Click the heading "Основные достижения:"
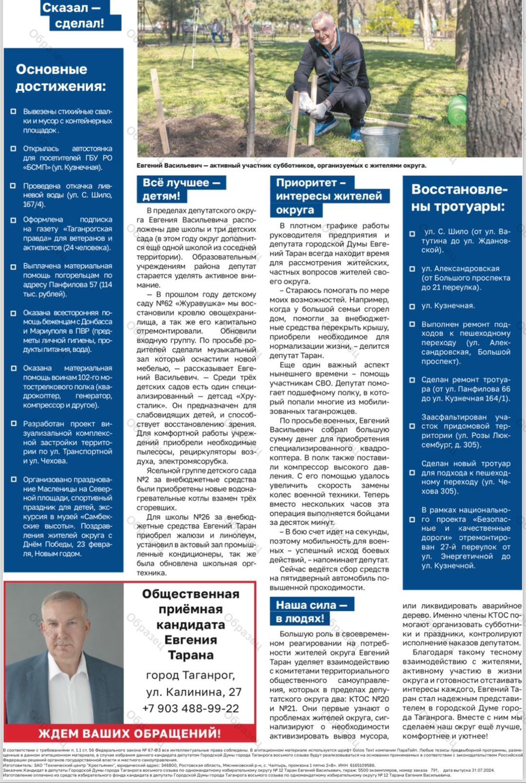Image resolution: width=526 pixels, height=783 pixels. coord(61,78)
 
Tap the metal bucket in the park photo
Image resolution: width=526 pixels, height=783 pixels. coord(379,142)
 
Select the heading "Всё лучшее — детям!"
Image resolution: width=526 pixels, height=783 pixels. coord(181,189)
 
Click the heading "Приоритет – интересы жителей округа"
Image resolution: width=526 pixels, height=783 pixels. coord(329,196)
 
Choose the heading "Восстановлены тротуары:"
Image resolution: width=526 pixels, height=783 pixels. coord(459,198)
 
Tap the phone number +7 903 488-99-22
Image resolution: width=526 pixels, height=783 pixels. coord(190,708)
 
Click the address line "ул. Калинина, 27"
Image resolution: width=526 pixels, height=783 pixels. coord(193,692)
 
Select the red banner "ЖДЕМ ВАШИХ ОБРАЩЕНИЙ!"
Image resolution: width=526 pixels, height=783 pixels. coord(130,733)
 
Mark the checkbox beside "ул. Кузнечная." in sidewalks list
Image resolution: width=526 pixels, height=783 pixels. coord(412,306)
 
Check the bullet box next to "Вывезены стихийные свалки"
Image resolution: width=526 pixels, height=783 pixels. coord(14,111)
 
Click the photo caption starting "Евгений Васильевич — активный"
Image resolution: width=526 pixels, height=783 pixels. coord(281,165)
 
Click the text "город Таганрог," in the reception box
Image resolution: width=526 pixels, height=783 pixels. coord(190,675)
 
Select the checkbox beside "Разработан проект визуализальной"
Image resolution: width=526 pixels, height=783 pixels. coord(14,423)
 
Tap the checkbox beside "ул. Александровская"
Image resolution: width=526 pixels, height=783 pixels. coord(412,269)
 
